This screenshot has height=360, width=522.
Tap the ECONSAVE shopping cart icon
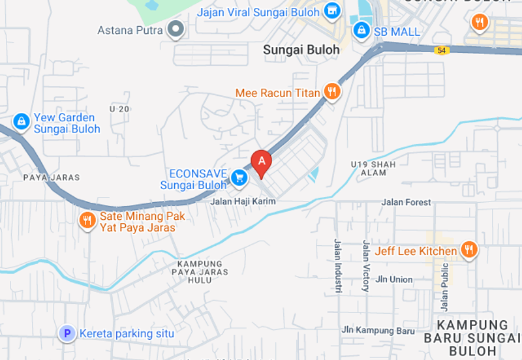pos(239,176)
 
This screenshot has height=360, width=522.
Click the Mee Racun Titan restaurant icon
pos(333,92)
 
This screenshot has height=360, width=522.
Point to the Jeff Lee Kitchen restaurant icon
pos(468,250)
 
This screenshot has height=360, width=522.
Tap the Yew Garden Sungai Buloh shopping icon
pos(22,121)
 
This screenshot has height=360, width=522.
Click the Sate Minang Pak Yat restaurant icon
pos(87,221)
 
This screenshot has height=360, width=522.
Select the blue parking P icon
pos(66,334)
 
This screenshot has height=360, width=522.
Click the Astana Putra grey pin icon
pos(176,29)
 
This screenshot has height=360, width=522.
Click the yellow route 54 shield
pos(442,50)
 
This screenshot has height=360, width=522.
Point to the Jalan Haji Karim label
pos(243,202)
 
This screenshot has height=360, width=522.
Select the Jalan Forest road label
pos(409,202)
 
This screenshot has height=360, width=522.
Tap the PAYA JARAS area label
pos(51,177)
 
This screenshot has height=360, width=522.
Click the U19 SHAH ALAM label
pos(373,168)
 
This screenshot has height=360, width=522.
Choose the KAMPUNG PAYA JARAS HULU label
pos(204,272)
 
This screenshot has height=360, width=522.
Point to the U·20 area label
pos(120,109)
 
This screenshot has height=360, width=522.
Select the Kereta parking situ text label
pos(127,334)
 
